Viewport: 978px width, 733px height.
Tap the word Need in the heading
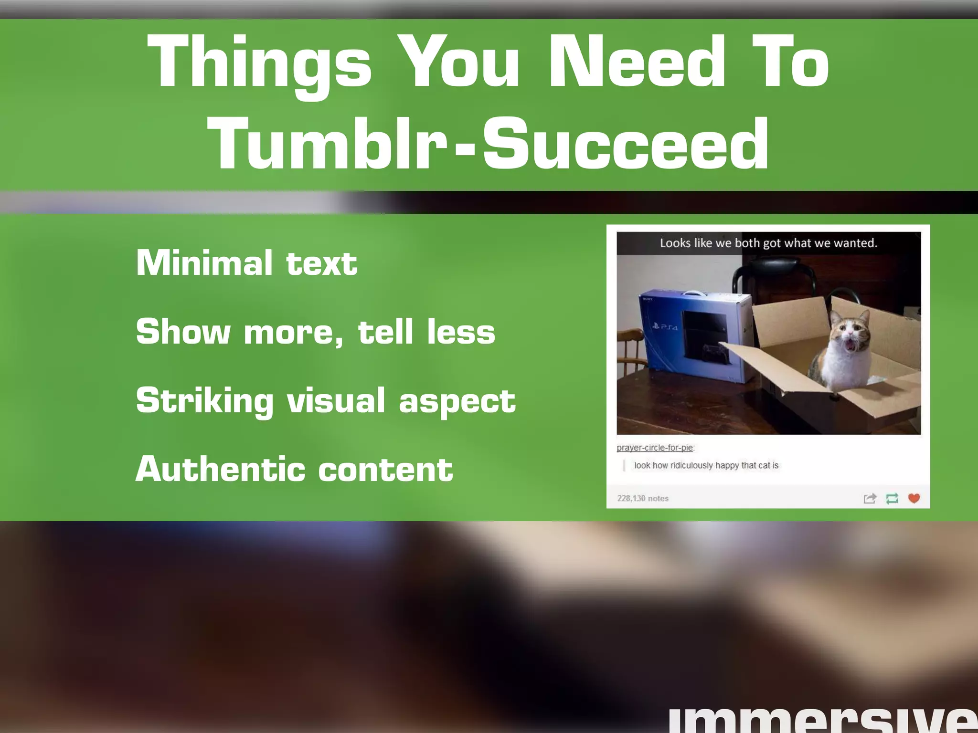pos(637,62)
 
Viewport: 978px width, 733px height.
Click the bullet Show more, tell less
pos(316,331)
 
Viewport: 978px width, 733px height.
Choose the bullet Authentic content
pos(294,469)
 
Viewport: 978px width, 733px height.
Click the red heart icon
pos(914,498)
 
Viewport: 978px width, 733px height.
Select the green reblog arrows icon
pos(892,498)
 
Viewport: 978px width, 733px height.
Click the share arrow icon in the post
pos(870,498)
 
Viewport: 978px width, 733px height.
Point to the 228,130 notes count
pos(643,498)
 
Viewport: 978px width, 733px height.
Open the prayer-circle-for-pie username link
pos(655,448)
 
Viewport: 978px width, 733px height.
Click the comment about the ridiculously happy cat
pos(706,465)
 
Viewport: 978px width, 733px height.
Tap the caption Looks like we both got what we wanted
pos(768,243)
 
